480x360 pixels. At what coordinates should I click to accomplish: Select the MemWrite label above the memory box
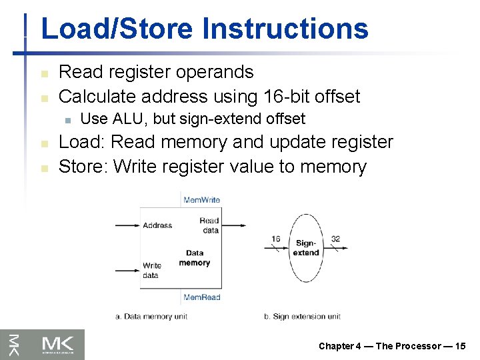[x=201, y=200]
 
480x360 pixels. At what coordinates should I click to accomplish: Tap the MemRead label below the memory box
[x=201, y=297]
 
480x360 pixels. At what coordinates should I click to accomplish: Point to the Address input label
[x=157, y=225]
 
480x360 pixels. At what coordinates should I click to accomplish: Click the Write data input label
[x=151, y=270]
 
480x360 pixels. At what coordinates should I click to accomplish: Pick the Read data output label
[x=209, y=225]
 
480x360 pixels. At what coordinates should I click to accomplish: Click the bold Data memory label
[x=195, y=258]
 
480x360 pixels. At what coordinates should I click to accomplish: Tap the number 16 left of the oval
[x=275, y=239]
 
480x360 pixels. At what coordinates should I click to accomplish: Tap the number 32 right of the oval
[x=335, y=239]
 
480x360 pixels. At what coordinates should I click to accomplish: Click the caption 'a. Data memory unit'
[x=153, y=316]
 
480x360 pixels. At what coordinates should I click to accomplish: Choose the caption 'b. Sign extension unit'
[x=302, y=316]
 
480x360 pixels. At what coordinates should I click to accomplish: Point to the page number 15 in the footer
[x=460, y=345]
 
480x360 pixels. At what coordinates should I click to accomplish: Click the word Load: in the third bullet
[x=83, y=143]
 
